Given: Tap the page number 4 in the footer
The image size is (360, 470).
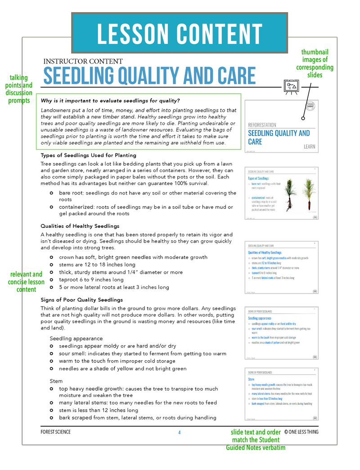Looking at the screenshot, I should [179, 432].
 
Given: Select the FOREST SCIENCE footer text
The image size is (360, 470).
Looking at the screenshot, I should [55, 432].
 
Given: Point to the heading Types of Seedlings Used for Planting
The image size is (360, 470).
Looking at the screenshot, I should [88, 155].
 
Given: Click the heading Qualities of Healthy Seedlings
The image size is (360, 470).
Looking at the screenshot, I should [80, 226].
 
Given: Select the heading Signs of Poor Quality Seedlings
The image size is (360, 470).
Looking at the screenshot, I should [81, 299].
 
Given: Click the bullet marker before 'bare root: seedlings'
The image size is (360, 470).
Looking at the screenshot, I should [52, 193].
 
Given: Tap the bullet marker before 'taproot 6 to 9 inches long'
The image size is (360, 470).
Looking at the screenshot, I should [52, 280].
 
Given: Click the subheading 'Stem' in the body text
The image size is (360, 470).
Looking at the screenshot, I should [56, 381].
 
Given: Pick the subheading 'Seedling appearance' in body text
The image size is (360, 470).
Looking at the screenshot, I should [76, 339].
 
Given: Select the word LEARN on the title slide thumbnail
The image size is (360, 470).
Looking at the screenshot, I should [309, 147].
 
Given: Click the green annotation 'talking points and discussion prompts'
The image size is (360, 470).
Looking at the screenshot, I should [18, 89].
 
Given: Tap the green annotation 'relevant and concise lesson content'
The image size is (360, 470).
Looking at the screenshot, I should [27, 282].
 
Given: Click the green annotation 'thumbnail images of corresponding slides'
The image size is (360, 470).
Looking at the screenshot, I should [317, 63].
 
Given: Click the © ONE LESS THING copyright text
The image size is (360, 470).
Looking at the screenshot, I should [301, 432].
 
